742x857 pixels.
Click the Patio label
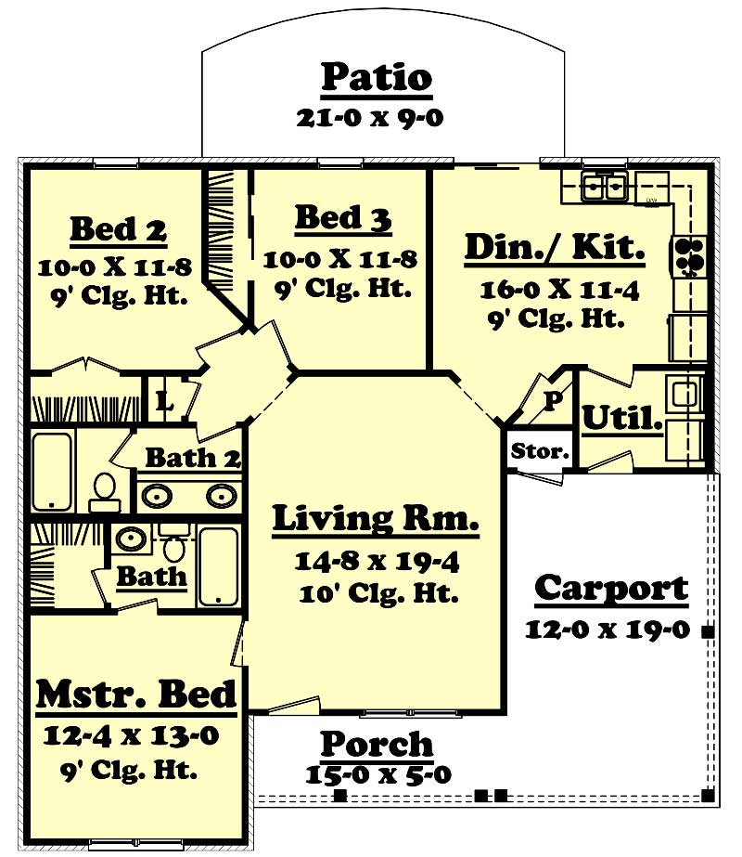coord(377,78)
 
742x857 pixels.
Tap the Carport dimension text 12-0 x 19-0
coord(607,629)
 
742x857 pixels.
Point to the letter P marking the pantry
coord(552,400)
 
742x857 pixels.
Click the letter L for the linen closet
coord(164,402)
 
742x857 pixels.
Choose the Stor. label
coord(540,452)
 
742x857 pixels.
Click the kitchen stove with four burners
coord(691,256)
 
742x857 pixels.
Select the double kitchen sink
coord(604,187)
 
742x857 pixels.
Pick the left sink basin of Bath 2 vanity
coord(158,495)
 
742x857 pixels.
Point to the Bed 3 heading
coord(343,219)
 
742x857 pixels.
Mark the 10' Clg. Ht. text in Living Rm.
coord(376,593)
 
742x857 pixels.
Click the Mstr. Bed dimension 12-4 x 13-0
coord(131,736)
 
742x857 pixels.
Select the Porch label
coord(377,744)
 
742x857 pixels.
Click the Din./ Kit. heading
coord(555,248)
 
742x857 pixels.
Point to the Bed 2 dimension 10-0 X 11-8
coord(115,268)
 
